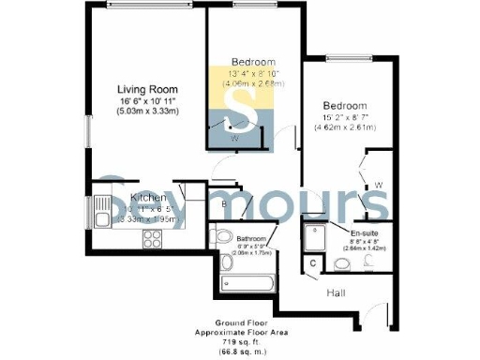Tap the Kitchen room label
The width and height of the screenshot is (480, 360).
148,197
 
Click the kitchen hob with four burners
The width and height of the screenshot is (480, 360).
152,238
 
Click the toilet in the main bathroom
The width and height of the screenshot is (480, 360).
222,236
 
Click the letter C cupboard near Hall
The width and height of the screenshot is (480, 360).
313,264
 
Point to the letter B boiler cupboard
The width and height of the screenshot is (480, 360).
224,203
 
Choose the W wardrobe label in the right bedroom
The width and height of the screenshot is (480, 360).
377,184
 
